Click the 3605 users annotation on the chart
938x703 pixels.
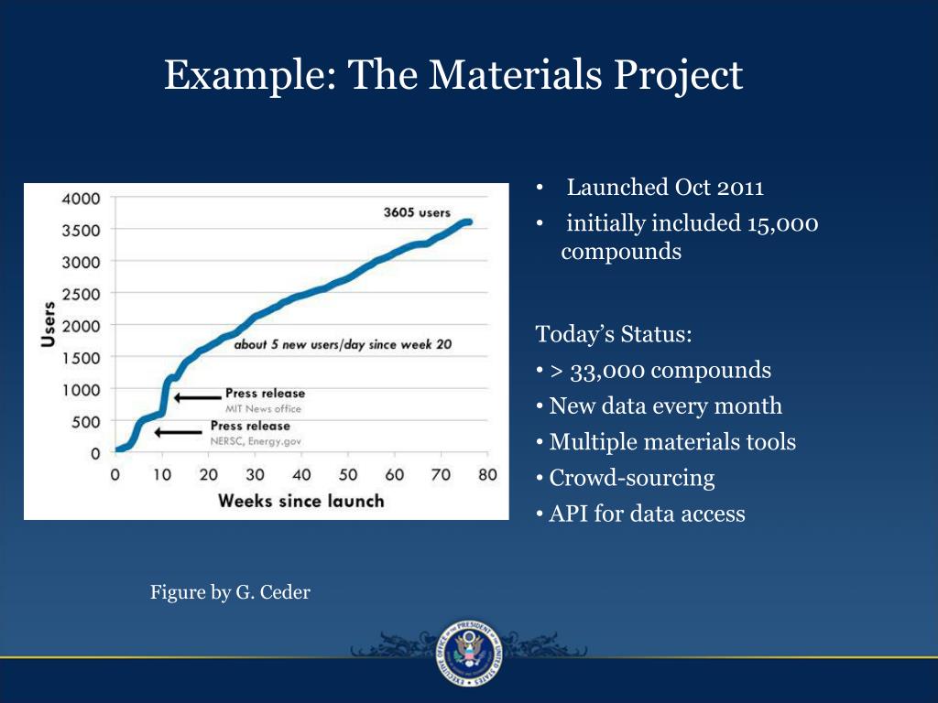pyautogui.click(x=416, y=212)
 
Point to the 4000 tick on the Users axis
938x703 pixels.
pyautogui.click(x=82, y=198)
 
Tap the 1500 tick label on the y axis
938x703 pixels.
pyautogui.click(x=82, y=358)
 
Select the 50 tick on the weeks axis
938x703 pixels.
pyautogui.click(x=348, y=474)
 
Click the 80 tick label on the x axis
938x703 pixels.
pyautogui.click(x=487, y=474)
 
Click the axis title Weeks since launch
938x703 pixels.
pyautogui.click(x=300, y=501)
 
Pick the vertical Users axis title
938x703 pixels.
pyautogui.click(x=47, y=324)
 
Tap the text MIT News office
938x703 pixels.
pyautogui.click(x=263, y=408)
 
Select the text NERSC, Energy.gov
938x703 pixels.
pyautogui.click(x=256, y=441)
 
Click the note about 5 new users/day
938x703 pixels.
pyautogui.click(x=343, y=346)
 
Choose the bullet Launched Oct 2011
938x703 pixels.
pyautogui.click(x=665, y=189)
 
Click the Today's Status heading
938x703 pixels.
pyautogui.click(x=614, y=334)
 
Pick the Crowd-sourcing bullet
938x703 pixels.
pyautogui.click(x=631, y=478)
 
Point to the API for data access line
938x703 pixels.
pyautogui.click(x=647, y=514)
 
